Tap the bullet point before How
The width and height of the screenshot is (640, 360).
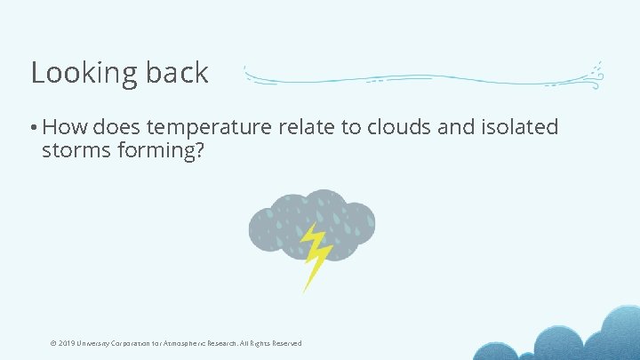[x=34, y=128]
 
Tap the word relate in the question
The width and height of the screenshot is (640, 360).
[x=307, y=127]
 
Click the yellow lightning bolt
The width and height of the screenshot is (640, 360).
[x=314, y=255]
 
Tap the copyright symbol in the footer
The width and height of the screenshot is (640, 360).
[x=54, y=343]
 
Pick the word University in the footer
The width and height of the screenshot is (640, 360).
[x=96, y=343]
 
